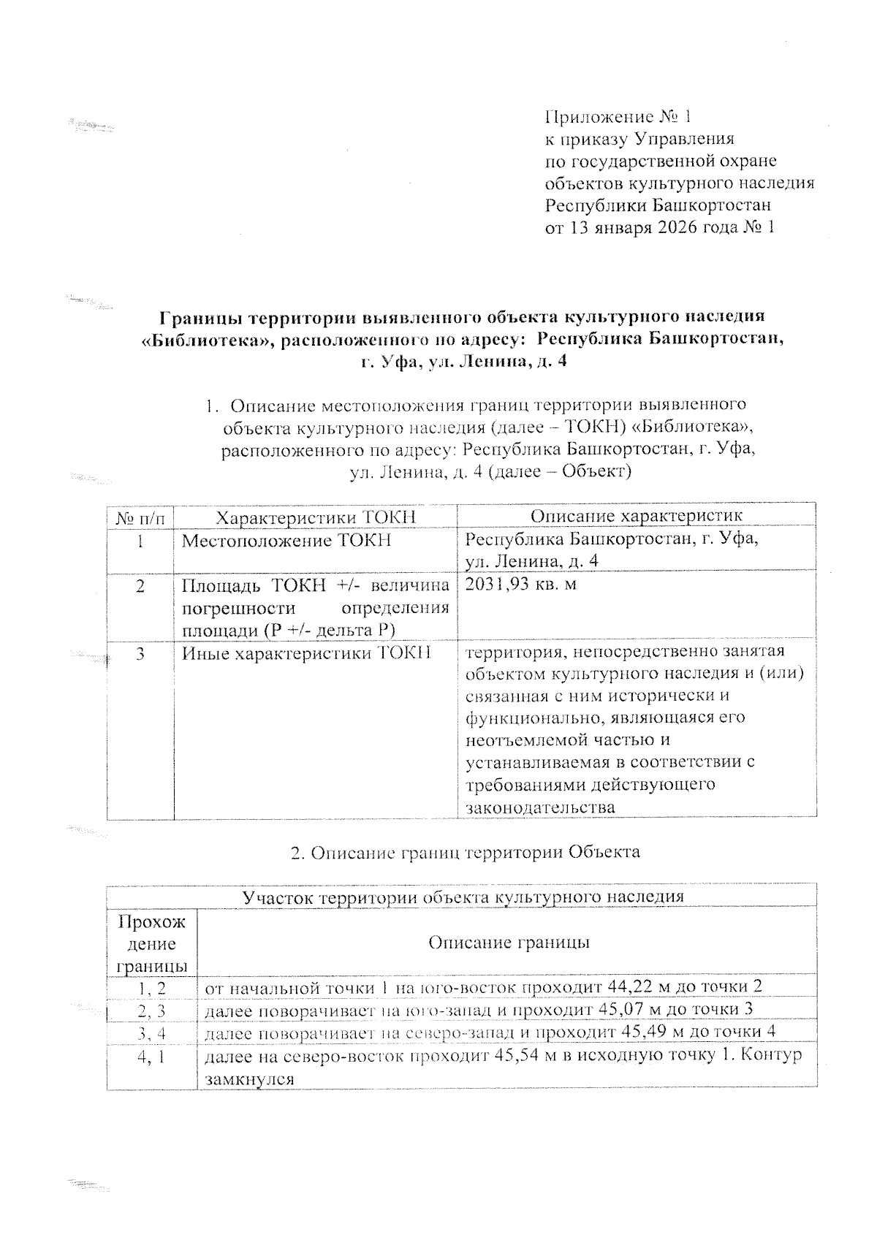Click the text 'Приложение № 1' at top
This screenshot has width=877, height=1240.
pyautogui.click(x=618, y=117)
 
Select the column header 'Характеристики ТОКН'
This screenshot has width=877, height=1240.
pyautogui.click(x=316, y=517)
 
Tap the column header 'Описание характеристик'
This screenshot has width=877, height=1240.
pyautogui.click(x=636, y=516)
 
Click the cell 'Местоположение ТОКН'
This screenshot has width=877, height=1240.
pyautogui.click(x=286, y=541)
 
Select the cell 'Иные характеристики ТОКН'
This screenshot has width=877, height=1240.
pyautogui.click(x=306, y=652)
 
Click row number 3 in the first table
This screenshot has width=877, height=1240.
pyautogui.click(x=140, y=652)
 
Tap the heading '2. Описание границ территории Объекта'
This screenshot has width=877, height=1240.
pyautogui.click(x=465, y=852)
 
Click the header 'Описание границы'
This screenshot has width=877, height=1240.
pyautogui.click(x=509, y=943)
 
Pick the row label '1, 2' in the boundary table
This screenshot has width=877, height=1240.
pyautogui.click(x=152, y=987)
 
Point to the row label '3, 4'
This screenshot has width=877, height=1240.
pyautogui.click(x=152, y=1032)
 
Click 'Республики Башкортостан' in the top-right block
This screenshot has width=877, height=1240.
pyautogui.click(x=658, y=205)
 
